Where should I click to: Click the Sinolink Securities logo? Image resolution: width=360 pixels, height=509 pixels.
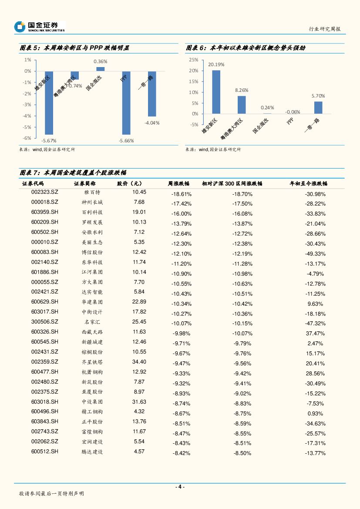39,27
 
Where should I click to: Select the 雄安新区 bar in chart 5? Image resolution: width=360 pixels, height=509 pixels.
49,103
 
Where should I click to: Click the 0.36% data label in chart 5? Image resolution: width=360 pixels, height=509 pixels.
101,61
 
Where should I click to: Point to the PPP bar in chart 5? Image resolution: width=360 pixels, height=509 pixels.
126,103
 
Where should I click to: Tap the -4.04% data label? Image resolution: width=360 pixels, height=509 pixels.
152,123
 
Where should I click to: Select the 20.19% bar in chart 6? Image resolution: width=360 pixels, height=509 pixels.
216,92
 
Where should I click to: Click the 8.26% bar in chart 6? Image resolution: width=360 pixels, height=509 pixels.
242,104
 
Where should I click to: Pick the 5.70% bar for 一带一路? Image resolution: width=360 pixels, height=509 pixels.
318,108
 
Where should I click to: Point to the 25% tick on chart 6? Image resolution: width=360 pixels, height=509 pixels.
194,60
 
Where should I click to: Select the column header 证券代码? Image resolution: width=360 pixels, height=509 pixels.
33,184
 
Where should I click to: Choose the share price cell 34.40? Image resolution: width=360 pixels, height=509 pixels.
139,362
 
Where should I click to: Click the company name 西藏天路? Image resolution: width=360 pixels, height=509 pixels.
92,332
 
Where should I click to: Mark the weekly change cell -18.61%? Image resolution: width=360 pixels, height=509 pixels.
182,194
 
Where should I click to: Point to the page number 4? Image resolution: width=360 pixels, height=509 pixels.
180,487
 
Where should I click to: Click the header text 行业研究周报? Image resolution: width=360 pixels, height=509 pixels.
324,29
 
